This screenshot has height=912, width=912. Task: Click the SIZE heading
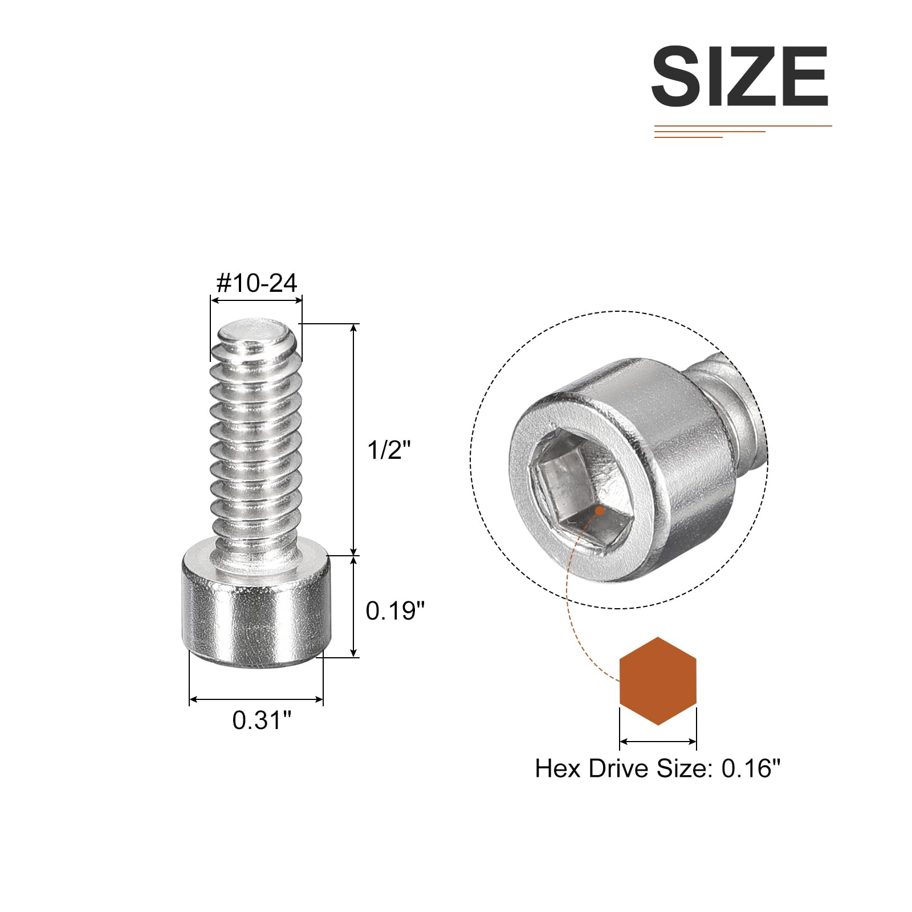739,76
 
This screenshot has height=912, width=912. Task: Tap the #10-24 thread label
257,283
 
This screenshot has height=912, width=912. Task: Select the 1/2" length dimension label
389,450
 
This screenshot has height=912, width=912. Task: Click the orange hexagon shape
658,681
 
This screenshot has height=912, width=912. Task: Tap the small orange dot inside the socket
599,511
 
